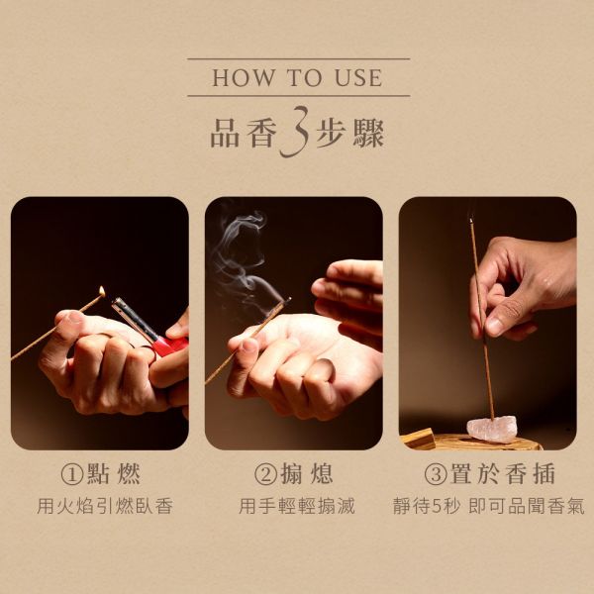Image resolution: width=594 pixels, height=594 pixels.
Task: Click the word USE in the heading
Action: coord(358,77)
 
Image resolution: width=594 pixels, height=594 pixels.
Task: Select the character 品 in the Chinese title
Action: coord(225,133)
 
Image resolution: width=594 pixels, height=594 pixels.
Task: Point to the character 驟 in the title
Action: coord(369,133)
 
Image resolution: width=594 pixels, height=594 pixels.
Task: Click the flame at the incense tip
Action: coord(102,291)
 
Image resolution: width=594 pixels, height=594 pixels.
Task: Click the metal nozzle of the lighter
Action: coord(135,319)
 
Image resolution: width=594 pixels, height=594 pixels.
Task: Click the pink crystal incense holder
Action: coord(492,429)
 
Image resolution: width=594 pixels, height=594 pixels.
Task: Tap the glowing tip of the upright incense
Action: coord(471,220)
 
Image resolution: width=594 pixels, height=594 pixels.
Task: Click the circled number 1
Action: coord(72,474)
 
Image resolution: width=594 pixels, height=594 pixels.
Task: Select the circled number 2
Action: coord(265,474)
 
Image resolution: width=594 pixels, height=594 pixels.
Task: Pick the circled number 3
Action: coord(436,474)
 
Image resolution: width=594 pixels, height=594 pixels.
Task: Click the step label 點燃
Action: coord(114,473)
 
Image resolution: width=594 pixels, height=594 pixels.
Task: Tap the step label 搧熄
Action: coord(307,473)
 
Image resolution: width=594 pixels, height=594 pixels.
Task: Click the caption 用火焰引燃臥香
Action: coord(105,506)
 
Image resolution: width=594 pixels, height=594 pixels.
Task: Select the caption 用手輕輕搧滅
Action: coord(297,506)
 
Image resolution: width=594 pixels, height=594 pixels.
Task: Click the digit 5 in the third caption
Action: coord(437,507)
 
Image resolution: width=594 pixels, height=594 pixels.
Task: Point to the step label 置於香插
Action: coord(502,473)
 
